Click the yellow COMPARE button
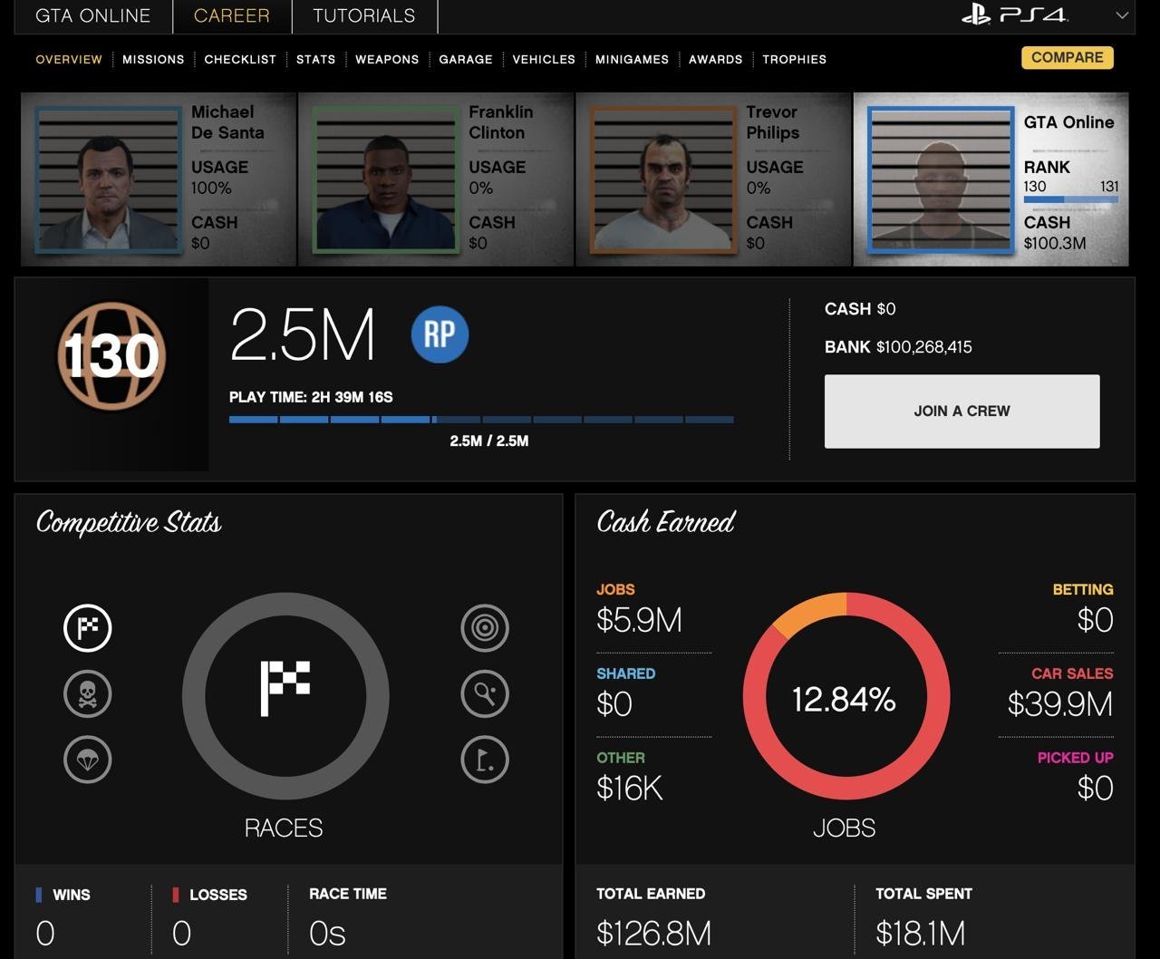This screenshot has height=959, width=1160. point(1067,58)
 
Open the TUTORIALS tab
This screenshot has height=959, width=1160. point(364,15)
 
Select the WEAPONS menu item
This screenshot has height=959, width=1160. point(387,60)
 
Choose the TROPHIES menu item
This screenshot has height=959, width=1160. point(794,60)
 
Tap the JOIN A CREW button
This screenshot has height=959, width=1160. point(962,412)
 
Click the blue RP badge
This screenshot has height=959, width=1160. point(440,334)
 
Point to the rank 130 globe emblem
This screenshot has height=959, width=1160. point(111,356)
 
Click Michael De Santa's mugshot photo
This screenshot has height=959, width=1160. point(109,179)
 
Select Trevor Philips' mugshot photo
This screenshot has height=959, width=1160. point(663,179)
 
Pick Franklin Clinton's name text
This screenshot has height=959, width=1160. point(500,122)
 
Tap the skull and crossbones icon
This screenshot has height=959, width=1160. point(87,694)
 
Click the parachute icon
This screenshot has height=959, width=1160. point(87,760)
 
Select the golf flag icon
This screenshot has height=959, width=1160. point(485,760)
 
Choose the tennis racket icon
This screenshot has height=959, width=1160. point(485,694)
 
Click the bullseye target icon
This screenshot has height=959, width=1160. point(485,628)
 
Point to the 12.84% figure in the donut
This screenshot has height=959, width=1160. point(844,699)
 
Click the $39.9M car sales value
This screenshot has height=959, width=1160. point(1060,704)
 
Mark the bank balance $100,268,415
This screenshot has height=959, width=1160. point(923,347)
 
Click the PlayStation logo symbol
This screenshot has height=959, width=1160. point(975,15)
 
